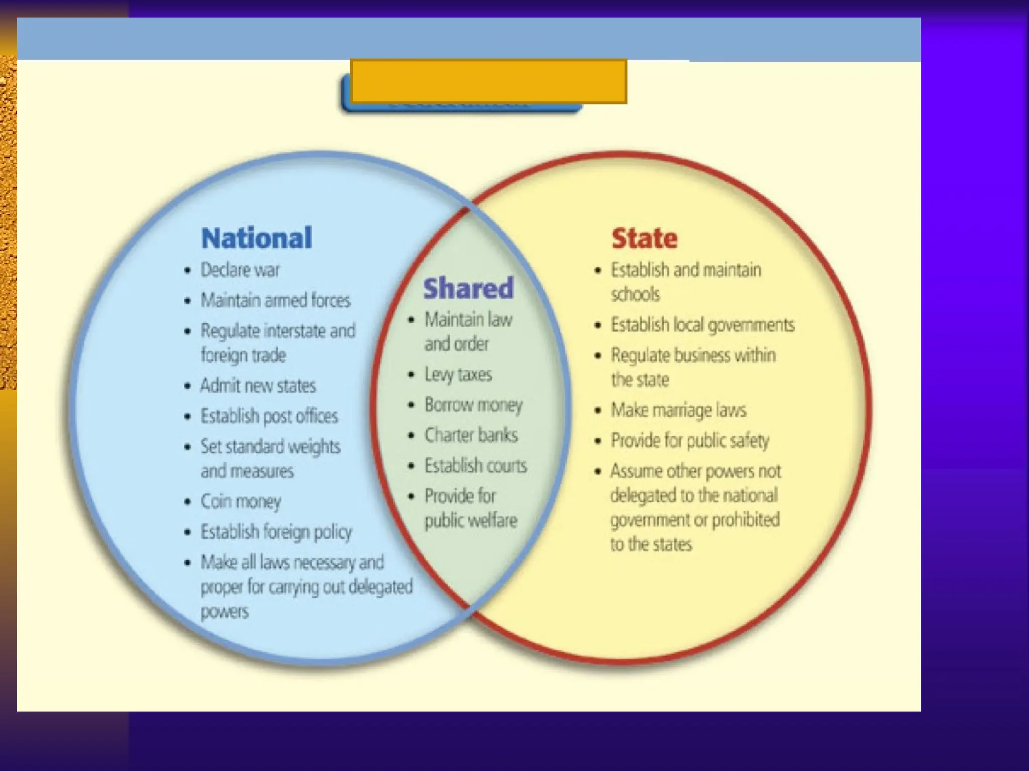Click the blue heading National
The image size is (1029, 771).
point(256,238)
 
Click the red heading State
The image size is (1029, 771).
point(644,238)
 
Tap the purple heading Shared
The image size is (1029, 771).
point(468,288)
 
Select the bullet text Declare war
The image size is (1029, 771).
point(240,270)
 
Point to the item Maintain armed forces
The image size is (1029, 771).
point(275,300)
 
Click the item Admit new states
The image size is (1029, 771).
point(258,385)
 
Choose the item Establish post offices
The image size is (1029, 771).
point(269,416)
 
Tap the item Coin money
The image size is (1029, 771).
point(241,501)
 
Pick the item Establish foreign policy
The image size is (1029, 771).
point(276,532)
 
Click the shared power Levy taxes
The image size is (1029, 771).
point(458,374)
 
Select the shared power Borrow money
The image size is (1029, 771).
point(473,405)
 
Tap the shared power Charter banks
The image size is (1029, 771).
point(471,435)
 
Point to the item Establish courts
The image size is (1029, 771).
point(475,465)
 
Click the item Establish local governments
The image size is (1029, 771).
point(702,325)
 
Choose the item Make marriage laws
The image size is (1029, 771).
point(678,410)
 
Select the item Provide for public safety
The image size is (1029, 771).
point(689,441)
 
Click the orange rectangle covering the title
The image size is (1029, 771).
point(488,81)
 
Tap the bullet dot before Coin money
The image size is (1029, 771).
point(187,501)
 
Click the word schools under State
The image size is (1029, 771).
point(635,294)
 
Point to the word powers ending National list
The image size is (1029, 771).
point(224,612)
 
